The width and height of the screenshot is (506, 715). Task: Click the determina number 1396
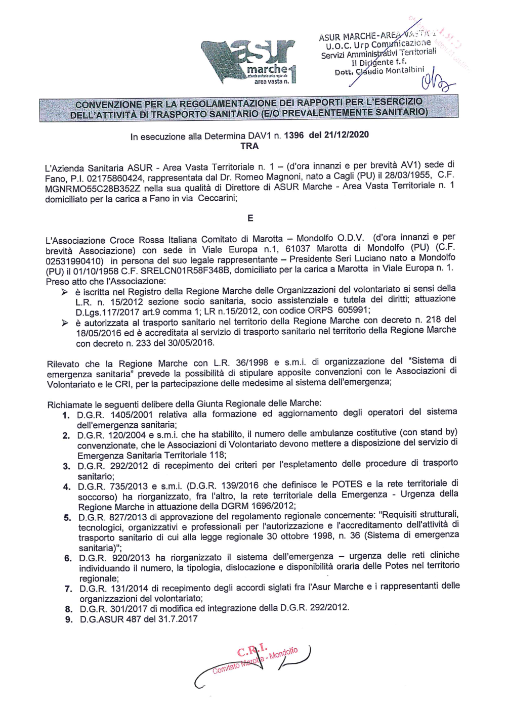click(294, 135)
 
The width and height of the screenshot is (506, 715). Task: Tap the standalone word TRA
click(249, 146)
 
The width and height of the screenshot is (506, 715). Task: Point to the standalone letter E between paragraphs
click(250, 218)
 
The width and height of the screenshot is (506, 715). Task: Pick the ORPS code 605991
click(352, 310)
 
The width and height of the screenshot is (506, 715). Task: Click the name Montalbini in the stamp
click(405, 71)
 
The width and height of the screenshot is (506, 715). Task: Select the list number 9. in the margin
click(69, 619)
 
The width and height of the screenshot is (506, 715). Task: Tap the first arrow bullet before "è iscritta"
click(64, 292)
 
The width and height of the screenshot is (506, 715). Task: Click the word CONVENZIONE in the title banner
click(109, 105)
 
